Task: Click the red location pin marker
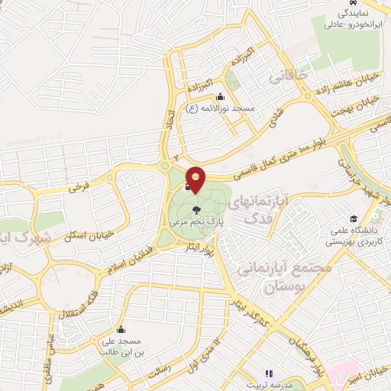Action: pos(196,179)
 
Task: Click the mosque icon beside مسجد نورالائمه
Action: pos(221,96)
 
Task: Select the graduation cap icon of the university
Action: pos(353,219)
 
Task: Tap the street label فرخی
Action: pos(79,186)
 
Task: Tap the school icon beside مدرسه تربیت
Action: pos(268,374)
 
